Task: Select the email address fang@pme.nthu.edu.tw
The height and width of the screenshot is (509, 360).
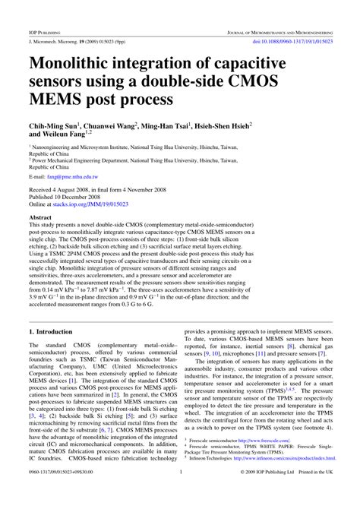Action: [x=77, y=175]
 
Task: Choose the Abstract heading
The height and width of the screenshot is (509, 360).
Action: [x=40, y=217]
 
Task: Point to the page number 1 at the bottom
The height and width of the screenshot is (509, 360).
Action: [x=180, y=492]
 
